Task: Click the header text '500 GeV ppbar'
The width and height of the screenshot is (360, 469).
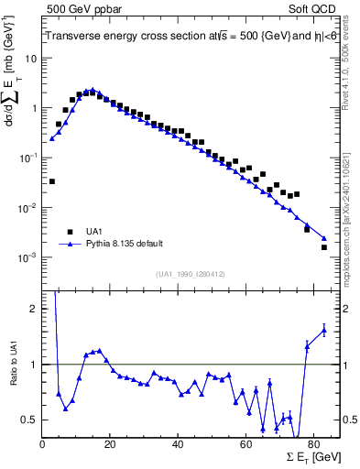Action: click(77, 8)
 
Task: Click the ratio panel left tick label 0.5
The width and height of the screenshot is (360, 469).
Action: click(29, 420)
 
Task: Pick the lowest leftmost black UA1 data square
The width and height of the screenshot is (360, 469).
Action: click(52, 181)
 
